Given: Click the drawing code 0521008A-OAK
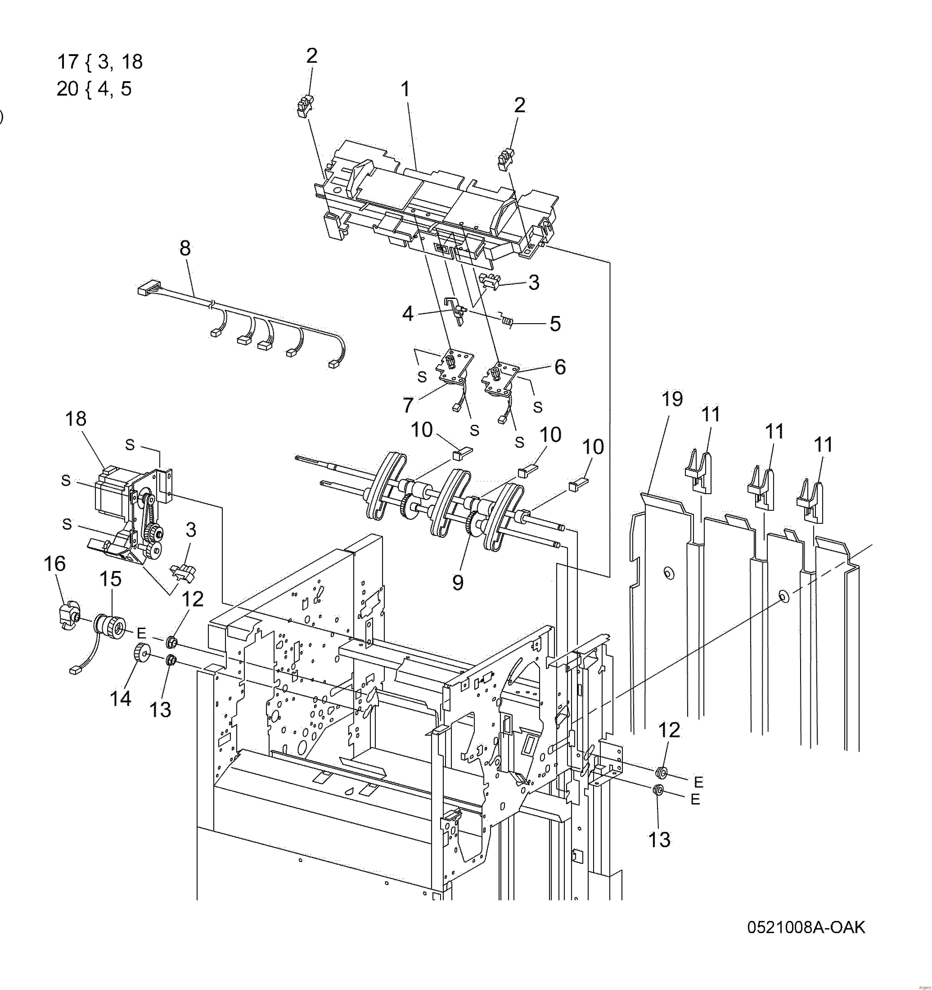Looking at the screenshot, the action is (806, 927).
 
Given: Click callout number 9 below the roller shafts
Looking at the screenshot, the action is (458, 582).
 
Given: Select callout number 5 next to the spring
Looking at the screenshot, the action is (555, 324).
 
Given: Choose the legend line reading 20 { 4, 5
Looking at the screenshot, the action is (94, 89).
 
